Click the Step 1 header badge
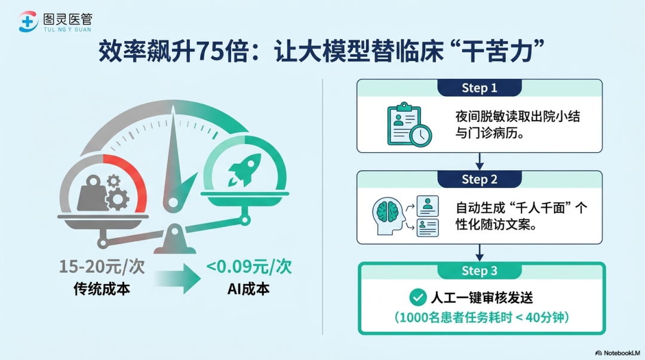(x=479, y=88)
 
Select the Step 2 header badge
(x=479, y=179)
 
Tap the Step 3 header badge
(x=479, y=270)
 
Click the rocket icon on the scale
(x=245, y=170)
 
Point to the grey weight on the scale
(x=93, y=193)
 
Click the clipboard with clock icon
(x=409, y=124)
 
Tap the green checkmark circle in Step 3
(x=417, y=297)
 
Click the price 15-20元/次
(x=102, y=267)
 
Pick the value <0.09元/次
(x=249, y=267)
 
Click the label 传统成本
(x=102, y=289)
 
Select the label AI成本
(x=248, y=289)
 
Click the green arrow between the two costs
(x=178, y=279)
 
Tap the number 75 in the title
(x=210, y=51)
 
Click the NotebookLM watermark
(x=618, y=353)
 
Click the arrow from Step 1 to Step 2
(x=479, y=161)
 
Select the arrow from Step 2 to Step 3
(x=479, y=253)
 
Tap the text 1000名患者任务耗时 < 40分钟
(x=482, y=318)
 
